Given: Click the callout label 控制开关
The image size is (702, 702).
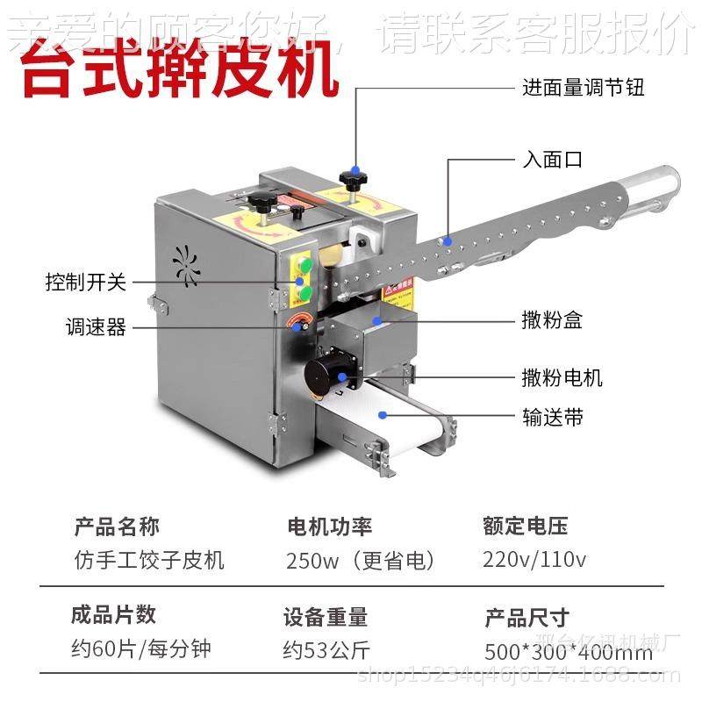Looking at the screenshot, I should tap(86, 283).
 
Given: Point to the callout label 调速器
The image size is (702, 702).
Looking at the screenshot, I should tap(96, 328).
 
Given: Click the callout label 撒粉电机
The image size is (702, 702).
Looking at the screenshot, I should tap(562, 378).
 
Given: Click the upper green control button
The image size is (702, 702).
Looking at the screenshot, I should tap(306, 265).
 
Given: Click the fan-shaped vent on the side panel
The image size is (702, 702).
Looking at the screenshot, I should tap(186, 262).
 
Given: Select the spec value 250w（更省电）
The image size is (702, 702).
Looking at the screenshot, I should tap(361, 560).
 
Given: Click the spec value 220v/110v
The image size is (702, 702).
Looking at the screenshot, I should tap(534, 559).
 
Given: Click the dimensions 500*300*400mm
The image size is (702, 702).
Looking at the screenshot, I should tap(568, 653).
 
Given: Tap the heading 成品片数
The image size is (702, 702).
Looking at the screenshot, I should tap(113, 614).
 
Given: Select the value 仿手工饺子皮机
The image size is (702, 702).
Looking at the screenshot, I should tap(149, 560).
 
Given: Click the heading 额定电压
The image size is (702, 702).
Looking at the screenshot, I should tap(525, 526).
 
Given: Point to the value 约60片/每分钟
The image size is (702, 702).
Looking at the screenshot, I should tap(141, 649).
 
